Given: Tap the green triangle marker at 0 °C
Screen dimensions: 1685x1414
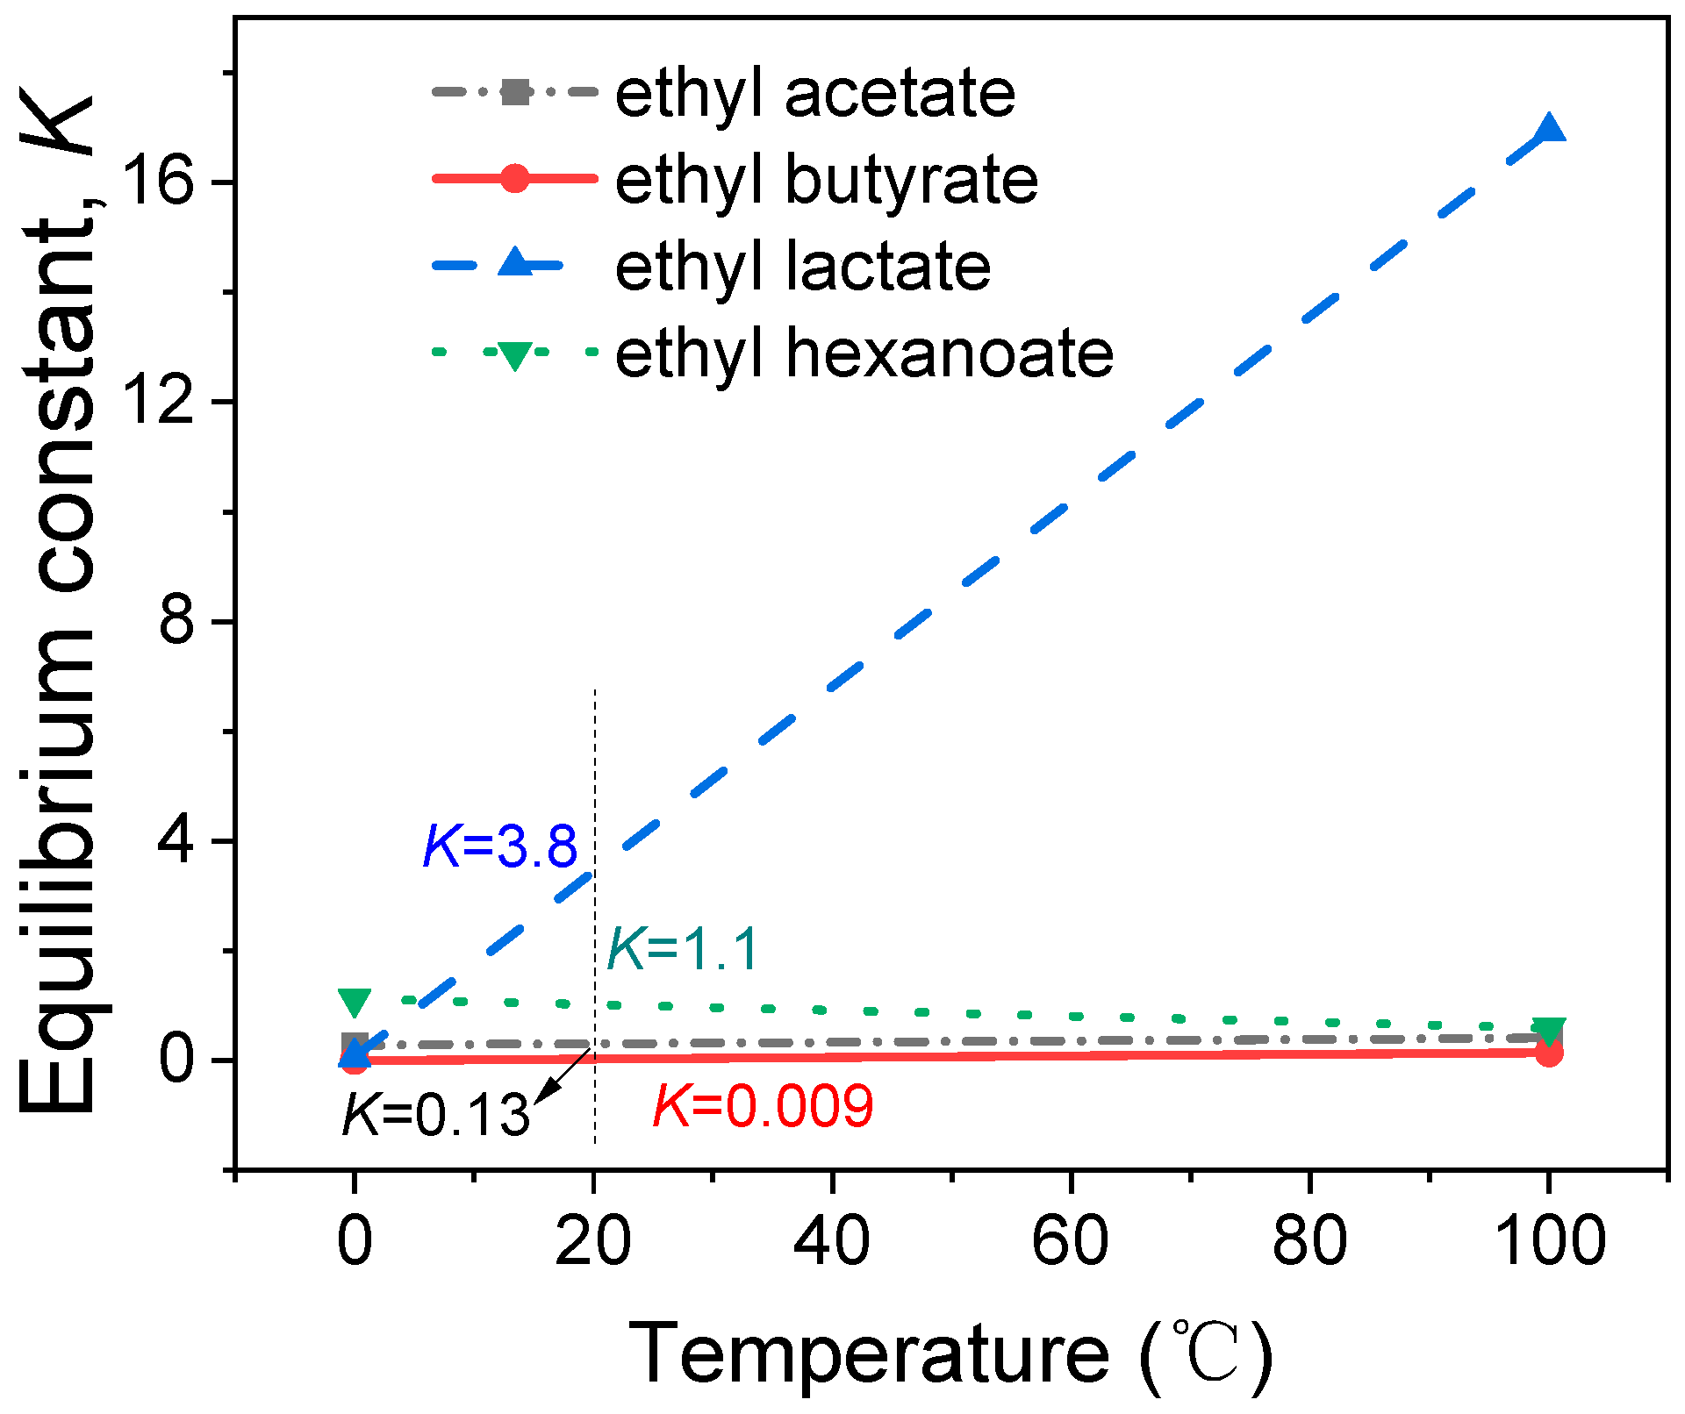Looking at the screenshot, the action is [x=355, y=1002].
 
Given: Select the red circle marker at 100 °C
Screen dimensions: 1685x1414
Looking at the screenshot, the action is [x=1549, y=1053].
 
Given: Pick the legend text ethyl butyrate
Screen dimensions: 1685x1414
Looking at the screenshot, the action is [x=826, y=180].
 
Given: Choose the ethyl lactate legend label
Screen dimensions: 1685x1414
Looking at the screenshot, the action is [x=802, y=267].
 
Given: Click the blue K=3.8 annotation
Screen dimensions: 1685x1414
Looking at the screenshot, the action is [x=500, y=847].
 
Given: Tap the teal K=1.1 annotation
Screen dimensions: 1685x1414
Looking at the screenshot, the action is [x=683, y=949].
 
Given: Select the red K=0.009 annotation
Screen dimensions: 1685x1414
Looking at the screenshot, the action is [x=764, y=1106].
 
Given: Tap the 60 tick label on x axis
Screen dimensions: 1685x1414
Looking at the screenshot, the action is [x=1070, y=1241].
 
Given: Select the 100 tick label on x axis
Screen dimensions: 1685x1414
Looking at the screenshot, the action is [x=1552, y=1241].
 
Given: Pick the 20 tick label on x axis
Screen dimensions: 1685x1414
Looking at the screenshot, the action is [x=593, y=1241].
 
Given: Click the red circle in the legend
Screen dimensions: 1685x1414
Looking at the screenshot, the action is [x=515, y=178].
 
